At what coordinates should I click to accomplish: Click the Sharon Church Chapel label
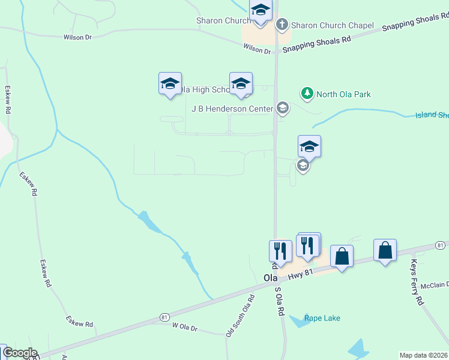332,26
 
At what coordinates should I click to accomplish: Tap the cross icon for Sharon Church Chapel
282,25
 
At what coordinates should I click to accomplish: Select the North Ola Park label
343,94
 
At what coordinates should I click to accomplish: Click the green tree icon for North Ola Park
307,94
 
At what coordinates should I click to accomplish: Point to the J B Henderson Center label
231,109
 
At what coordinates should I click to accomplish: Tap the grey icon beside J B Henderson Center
282,109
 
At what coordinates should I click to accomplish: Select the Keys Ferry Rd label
418,283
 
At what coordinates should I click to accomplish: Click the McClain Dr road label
435,286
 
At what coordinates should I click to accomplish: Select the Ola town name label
271,278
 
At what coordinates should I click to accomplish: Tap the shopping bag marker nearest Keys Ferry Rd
385,250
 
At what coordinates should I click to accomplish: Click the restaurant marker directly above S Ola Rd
280,250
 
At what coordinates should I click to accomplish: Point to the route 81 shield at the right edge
440,245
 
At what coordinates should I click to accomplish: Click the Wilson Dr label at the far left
77,37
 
